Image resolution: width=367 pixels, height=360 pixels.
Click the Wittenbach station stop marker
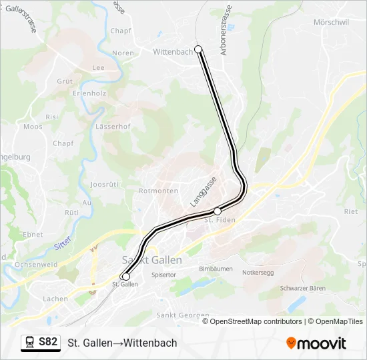(198, 49)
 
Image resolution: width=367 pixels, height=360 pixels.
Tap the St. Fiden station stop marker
(218, 211)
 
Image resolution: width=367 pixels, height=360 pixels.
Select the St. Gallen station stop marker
(125, 276)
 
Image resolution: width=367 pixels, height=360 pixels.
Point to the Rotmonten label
(158, 191)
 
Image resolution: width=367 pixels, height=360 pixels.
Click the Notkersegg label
(258, 273)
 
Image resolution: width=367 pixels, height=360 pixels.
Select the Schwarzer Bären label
(302, 288)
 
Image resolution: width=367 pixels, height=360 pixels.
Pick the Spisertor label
(163, 274)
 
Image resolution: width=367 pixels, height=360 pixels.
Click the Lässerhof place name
(113, 126)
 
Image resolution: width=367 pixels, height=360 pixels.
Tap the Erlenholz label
(89, 93)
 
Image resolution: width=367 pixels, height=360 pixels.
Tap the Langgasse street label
(204, 192)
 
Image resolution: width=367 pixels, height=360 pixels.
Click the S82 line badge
(48, 342)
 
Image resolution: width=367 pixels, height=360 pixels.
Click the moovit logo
(316, 343)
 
